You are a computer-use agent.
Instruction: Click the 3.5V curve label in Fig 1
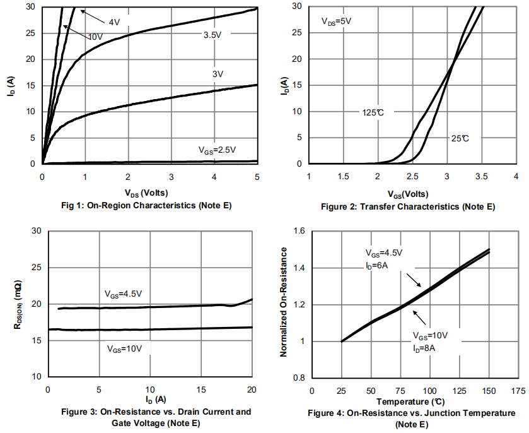point(212,35)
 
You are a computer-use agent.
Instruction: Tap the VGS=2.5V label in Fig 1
point(217,150)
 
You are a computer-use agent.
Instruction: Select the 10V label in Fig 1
point(95,37)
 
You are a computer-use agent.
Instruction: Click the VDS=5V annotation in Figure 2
point(336,21)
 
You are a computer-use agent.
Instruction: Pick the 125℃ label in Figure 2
point(373,112)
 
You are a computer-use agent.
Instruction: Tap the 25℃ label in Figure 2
point(460,138)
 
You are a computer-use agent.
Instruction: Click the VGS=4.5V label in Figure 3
point(124,294)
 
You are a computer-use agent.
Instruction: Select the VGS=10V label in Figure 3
point(125,348)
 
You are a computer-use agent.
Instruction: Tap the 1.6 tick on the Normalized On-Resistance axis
point(298,232)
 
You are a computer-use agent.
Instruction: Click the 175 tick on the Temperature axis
point(518,390)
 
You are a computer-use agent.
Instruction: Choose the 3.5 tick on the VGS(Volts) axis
point(481,175)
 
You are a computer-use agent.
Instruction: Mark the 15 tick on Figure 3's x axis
point(201,388)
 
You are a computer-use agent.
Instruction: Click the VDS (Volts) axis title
point(146,192)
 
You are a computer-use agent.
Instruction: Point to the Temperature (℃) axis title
point(411,401)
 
